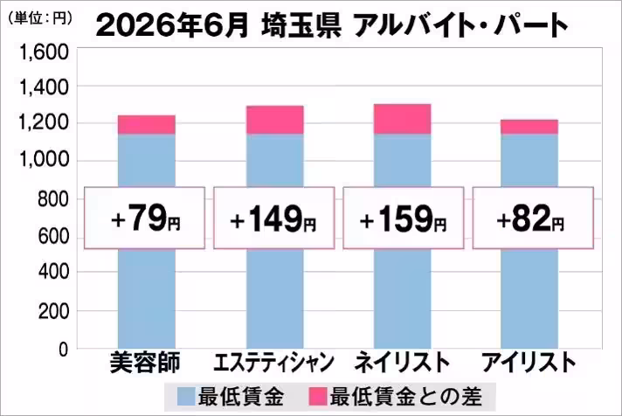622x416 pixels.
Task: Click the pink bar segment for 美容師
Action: click(147, 125)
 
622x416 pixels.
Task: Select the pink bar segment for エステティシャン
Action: click(275, 120)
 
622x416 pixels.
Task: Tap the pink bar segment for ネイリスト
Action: click(402, 119)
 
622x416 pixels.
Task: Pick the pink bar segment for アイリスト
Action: click(529, 127)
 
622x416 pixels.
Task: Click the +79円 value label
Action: click(146, 218)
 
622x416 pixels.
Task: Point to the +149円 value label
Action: click(273, 218)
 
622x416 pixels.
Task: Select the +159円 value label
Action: click(403, 218)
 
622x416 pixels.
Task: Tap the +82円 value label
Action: click(530, 218)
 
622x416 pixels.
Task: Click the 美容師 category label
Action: click(145, 363)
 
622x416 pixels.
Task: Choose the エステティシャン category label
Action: click(273, 363)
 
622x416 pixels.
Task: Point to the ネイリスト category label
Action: click(402, 363)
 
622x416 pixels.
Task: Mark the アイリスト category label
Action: click(529, 363)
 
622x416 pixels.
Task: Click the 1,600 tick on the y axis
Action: click(44, 52)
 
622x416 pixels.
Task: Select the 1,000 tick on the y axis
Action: click(44, 160)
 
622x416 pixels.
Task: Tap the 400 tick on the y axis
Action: click(53, 273)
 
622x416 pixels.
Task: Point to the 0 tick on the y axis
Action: click(64, 350)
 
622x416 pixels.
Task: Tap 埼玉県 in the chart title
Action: click(301, 26)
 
